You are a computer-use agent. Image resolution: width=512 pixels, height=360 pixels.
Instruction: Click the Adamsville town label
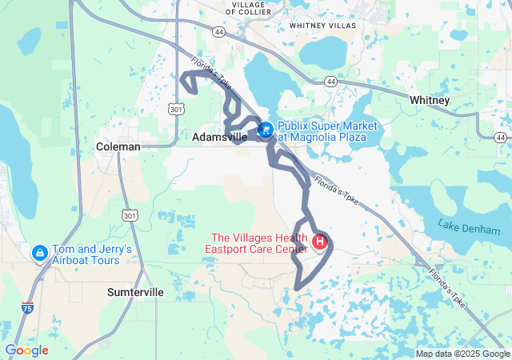(x=220, y=138)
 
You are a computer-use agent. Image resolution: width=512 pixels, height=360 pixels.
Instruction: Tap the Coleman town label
(x=118, y=146)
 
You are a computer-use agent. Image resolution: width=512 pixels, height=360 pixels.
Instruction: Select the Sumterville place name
(x=135, y=293)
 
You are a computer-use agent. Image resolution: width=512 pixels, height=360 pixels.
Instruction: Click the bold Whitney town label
(x=430, y=100)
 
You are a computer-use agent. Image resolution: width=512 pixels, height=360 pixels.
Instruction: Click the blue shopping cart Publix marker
(x=265, y=129)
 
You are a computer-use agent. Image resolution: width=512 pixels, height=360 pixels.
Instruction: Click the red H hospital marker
(x=320, y=240)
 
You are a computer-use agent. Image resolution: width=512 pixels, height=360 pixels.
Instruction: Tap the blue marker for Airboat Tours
(x=38, y=252)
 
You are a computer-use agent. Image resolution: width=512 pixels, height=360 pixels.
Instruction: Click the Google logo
(x=26, y=350)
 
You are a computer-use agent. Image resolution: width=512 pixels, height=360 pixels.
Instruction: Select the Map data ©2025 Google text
(x=462, y=354)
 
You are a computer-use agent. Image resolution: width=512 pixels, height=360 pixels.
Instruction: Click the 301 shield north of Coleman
(x=175, y=107)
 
